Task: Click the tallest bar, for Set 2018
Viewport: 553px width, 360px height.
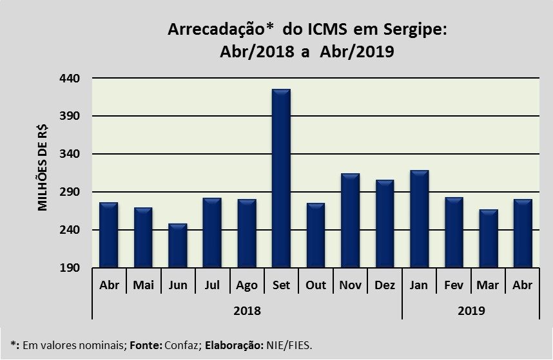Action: (x=281, y=178)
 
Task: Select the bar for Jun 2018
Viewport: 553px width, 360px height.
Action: (x=177, y=246)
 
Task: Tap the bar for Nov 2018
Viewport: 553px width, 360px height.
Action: (x=350, y=221)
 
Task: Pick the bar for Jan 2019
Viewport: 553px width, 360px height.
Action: (x=419, y=220)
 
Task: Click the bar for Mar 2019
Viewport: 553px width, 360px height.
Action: (x=488, y=239)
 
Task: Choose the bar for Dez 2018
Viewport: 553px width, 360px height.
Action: (x=384, y=224)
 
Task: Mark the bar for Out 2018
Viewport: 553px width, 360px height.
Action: (x=315, y=236)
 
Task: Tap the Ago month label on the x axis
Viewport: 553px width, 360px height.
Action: (x=247, y=285)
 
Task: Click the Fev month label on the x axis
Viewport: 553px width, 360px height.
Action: (x=454, y=285)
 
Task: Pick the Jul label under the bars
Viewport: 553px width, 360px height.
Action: (x=212, y=285)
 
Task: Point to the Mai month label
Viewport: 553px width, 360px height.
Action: (x=143, y=285)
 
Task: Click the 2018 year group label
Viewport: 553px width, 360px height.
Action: (x=247, y=310)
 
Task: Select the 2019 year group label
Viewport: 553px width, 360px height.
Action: (x=471, y=310)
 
